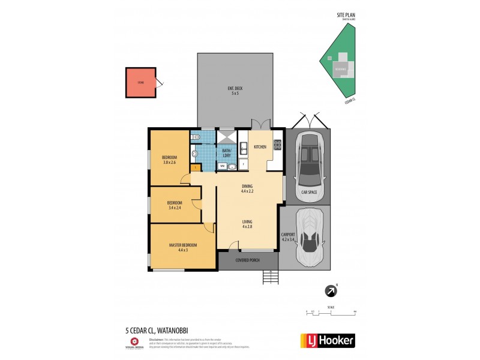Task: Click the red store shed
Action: (140, 83)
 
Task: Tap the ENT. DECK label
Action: (235, 91)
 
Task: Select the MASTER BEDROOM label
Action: (182, 247)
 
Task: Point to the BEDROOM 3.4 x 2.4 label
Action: (175, 205)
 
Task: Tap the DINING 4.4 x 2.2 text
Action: (247, 188)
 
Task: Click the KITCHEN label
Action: (260, 147)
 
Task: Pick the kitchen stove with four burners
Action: (278, 144)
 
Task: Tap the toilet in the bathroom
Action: (195, 139)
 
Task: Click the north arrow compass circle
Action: (331, 292)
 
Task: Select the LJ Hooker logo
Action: (327, 340)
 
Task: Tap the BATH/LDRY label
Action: (227, 153)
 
